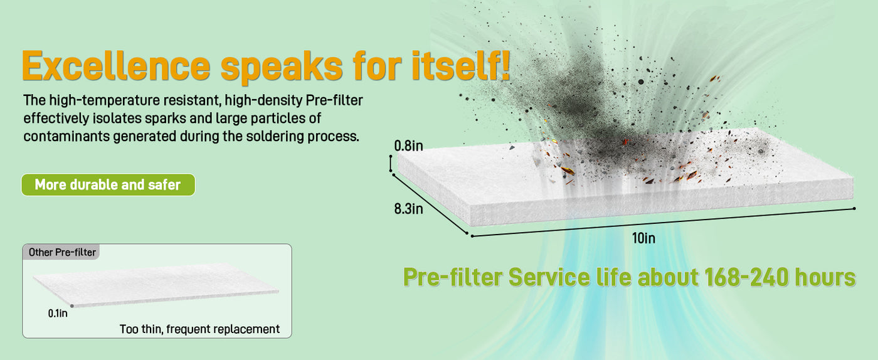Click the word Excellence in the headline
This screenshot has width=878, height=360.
[x=116, y=65]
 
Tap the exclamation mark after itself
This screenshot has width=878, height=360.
[x=505, y=65]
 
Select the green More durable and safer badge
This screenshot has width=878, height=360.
[x=108, y=185]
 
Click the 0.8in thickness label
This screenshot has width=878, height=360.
[x=408, y=146]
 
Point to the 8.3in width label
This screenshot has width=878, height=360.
[x=408, y=209]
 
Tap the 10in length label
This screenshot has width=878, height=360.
[x=643, y=238]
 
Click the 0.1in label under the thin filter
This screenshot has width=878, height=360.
[x=58, y=314]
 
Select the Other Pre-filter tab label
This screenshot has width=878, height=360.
[x=62, y=252]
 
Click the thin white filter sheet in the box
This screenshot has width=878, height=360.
[x=156, y=285]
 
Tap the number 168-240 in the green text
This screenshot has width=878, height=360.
[x=746, y=277]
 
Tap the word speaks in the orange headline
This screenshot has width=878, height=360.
[x=282, y=66]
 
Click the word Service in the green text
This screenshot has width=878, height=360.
[x=549, y=277]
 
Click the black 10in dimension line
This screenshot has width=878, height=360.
[x=664, y=223]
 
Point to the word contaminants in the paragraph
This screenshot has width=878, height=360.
[x=66, y=137]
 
